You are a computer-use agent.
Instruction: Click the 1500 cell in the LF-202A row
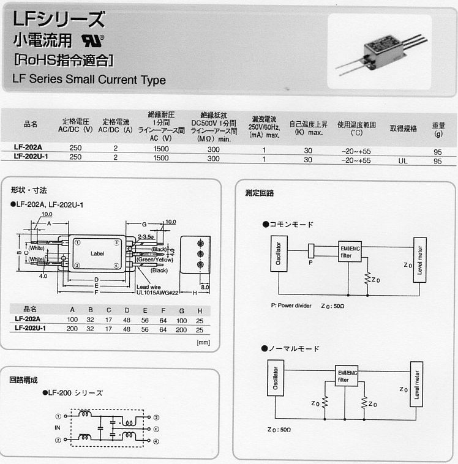tap(161, 148)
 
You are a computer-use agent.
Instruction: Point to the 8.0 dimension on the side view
tap(205, 286)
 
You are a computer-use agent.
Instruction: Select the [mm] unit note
tap(203, 342)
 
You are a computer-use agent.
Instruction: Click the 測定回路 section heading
tap(260, 192)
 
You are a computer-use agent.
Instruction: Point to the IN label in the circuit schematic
tap(58, 428)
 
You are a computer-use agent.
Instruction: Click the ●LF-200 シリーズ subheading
tap(72, 393)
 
